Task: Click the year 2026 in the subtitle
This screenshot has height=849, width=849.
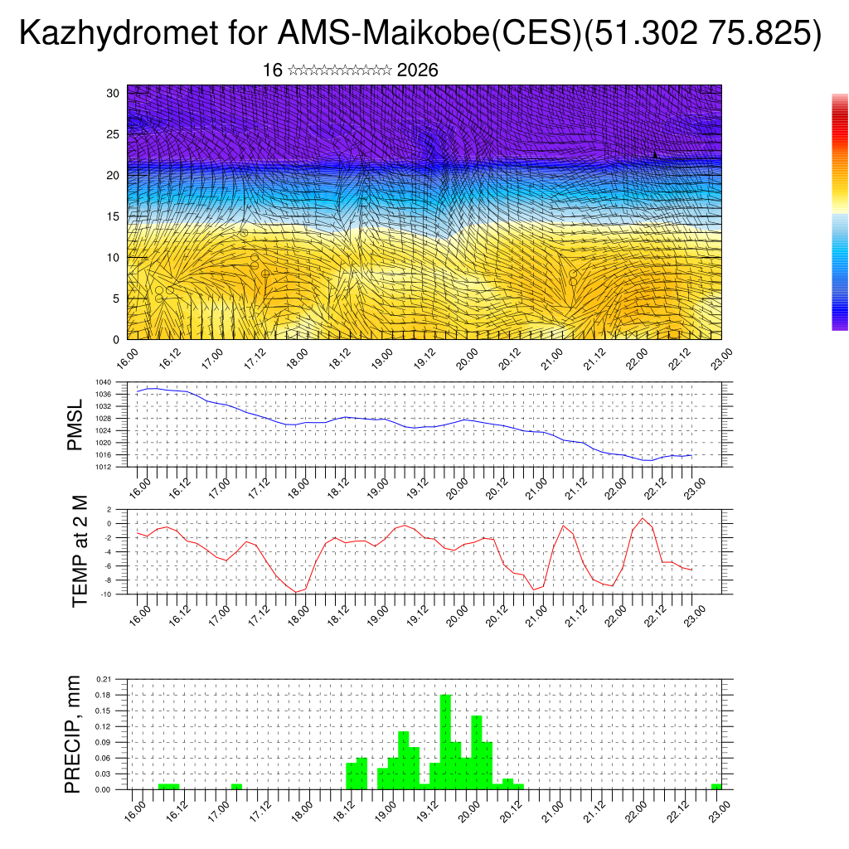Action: click(x=417, y=70)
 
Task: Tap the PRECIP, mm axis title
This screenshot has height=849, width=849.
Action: click(x=74, y=735)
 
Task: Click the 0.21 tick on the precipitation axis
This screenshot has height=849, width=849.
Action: click(x=104, y=679)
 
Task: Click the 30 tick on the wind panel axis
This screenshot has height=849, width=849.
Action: click(x=113, y=93)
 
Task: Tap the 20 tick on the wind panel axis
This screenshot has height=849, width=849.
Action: click(x=113, y=175)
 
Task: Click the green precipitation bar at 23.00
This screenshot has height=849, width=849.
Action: click(x=716, y=786)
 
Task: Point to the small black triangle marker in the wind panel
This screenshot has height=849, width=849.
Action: click(x=655, y=155)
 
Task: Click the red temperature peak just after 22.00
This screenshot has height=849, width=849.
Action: click(x=643, y=519)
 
